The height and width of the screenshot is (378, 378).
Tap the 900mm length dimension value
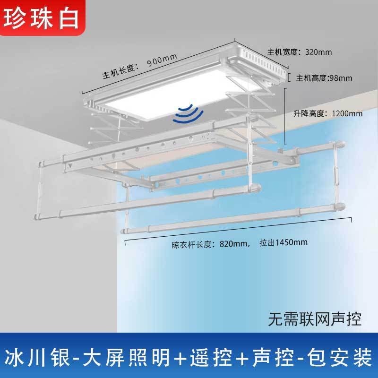pos(162,61)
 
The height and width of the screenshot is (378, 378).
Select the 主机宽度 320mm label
pos(293,52)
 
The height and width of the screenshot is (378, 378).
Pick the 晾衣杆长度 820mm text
pos(210,244)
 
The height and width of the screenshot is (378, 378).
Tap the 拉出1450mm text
pos(283,243)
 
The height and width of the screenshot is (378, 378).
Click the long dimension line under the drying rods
pos(238,232)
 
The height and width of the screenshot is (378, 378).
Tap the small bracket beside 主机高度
pos(289,77)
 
